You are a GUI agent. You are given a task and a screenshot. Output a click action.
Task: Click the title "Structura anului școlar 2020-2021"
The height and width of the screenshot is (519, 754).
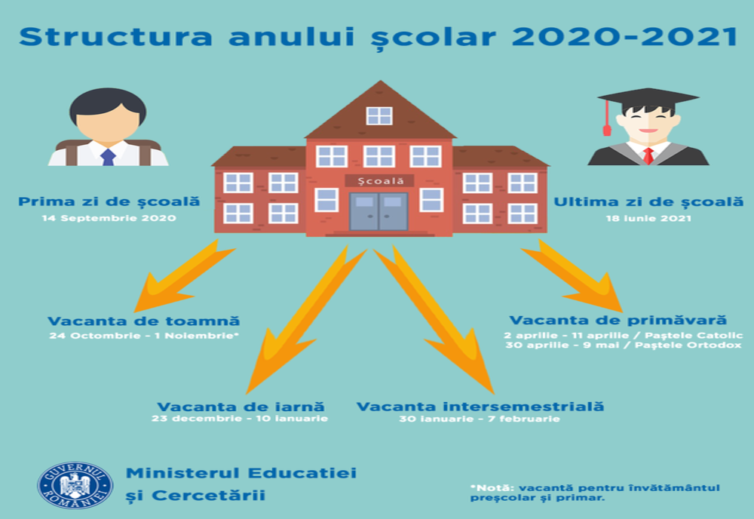tap(377, 36)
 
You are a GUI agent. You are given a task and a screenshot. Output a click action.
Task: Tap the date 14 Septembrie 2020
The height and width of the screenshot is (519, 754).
tap(109, 218)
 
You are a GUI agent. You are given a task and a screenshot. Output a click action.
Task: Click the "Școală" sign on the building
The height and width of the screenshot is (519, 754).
tap(379, 180)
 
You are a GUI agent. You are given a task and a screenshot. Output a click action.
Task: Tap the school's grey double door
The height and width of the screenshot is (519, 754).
tap(379, 211)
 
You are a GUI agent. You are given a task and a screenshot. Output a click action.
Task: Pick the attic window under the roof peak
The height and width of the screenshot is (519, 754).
tap(379, 115)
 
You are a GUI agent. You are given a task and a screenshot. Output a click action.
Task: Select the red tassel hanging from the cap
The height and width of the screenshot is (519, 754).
tap(607, 121)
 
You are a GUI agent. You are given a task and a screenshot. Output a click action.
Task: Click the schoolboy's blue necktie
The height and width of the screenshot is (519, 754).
tap(108, 157)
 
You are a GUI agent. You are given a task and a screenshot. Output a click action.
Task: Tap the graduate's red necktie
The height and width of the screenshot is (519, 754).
tap(648, 156)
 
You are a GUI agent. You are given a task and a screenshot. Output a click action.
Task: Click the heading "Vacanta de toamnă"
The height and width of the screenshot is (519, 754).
tap(143, 321)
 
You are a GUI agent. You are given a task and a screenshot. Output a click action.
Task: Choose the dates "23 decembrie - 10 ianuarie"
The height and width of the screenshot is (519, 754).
tap(240, 418)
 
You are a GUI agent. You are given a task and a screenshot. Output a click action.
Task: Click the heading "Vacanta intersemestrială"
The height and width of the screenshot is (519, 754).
tap(480, 407)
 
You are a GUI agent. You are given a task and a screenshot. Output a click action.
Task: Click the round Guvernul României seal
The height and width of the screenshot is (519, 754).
tap(75, 484)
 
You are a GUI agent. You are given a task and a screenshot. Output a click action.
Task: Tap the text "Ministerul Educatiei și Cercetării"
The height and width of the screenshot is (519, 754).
tap(241, 484)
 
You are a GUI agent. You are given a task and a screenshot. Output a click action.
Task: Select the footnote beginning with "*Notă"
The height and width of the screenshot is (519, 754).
tap(595, 492)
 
